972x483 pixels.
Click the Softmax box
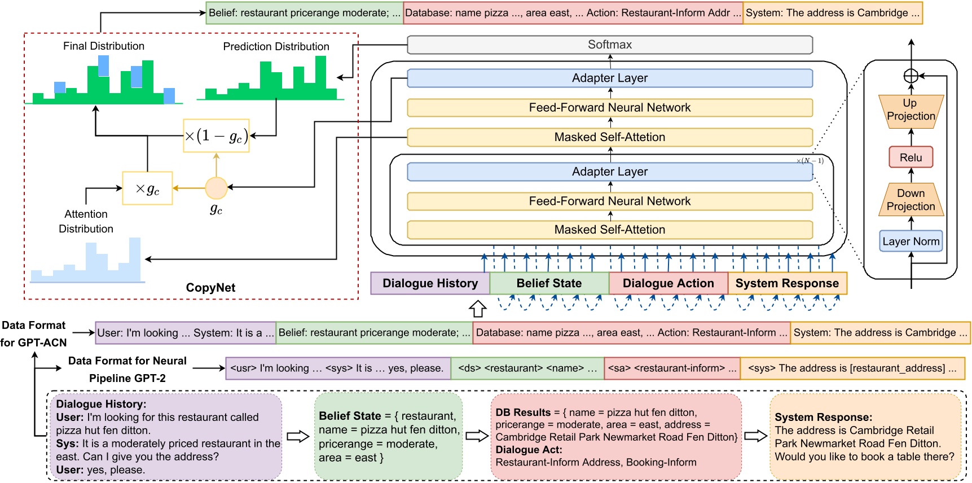tap(609, 45)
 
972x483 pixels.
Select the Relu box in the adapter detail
tap(911, 157)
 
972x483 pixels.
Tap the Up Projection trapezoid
tap(911, 110)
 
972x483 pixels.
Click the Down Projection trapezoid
tap(911, 200)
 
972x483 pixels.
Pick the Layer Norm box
tap(911, 242)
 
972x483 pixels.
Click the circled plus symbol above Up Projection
tap(911, 76)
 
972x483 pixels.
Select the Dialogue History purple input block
tap(430, 283)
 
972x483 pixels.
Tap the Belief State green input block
tap(549, 283)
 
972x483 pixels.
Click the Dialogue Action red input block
tap(668, 283)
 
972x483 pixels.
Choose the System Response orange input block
tap(787, 283)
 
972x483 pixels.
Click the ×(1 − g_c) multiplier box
tap(216, 135)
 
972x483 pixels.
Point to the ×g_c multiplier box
tap(147, 188)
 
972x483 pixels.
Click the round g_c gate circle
tap(216, 188)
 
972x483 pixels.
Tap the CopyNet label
tap(210, 288)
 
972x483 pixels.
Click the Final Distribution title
tap(104, 46)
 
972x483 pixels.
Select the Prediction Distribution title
tap(276, 47)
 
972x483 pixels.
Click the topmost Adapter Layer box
tap(609, 78)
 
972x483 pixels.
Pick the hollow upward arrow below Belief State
tap(478, 308)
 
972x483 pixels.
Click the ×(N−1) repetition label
tap(810, 161)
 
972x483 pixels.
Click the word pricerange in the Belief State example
tap(345, 444)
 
